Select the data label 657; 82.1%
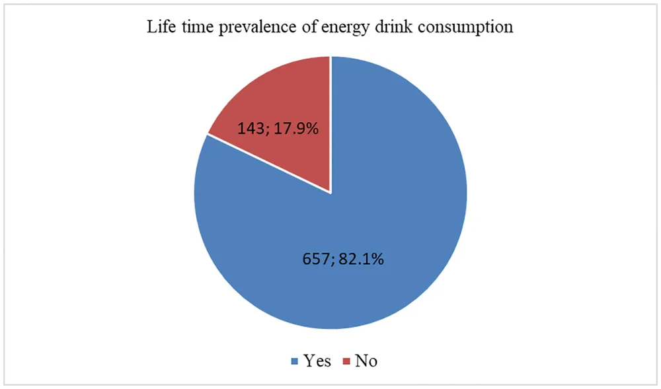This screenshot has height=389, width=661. click(340, 259)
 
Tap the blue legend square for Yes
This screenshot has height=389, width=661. click(295, 361)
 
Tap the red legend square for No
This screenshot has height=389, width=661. click(346, 361)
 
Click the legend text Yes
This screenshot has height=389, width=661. click(317, 361)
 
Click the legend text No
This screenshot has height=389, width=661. click(366, 361)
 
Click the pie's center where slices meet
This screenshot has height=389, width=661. click(330, 193)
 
